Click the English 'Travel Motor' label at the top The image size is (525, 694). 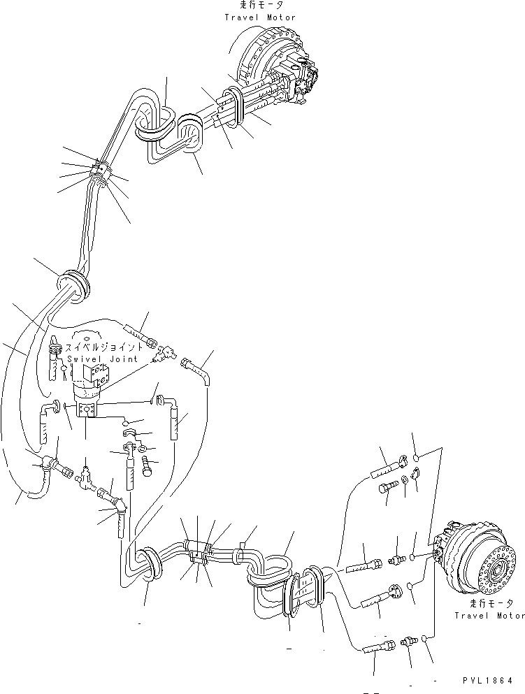259,17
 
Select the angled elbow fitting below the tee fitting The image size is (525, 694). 112,498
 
